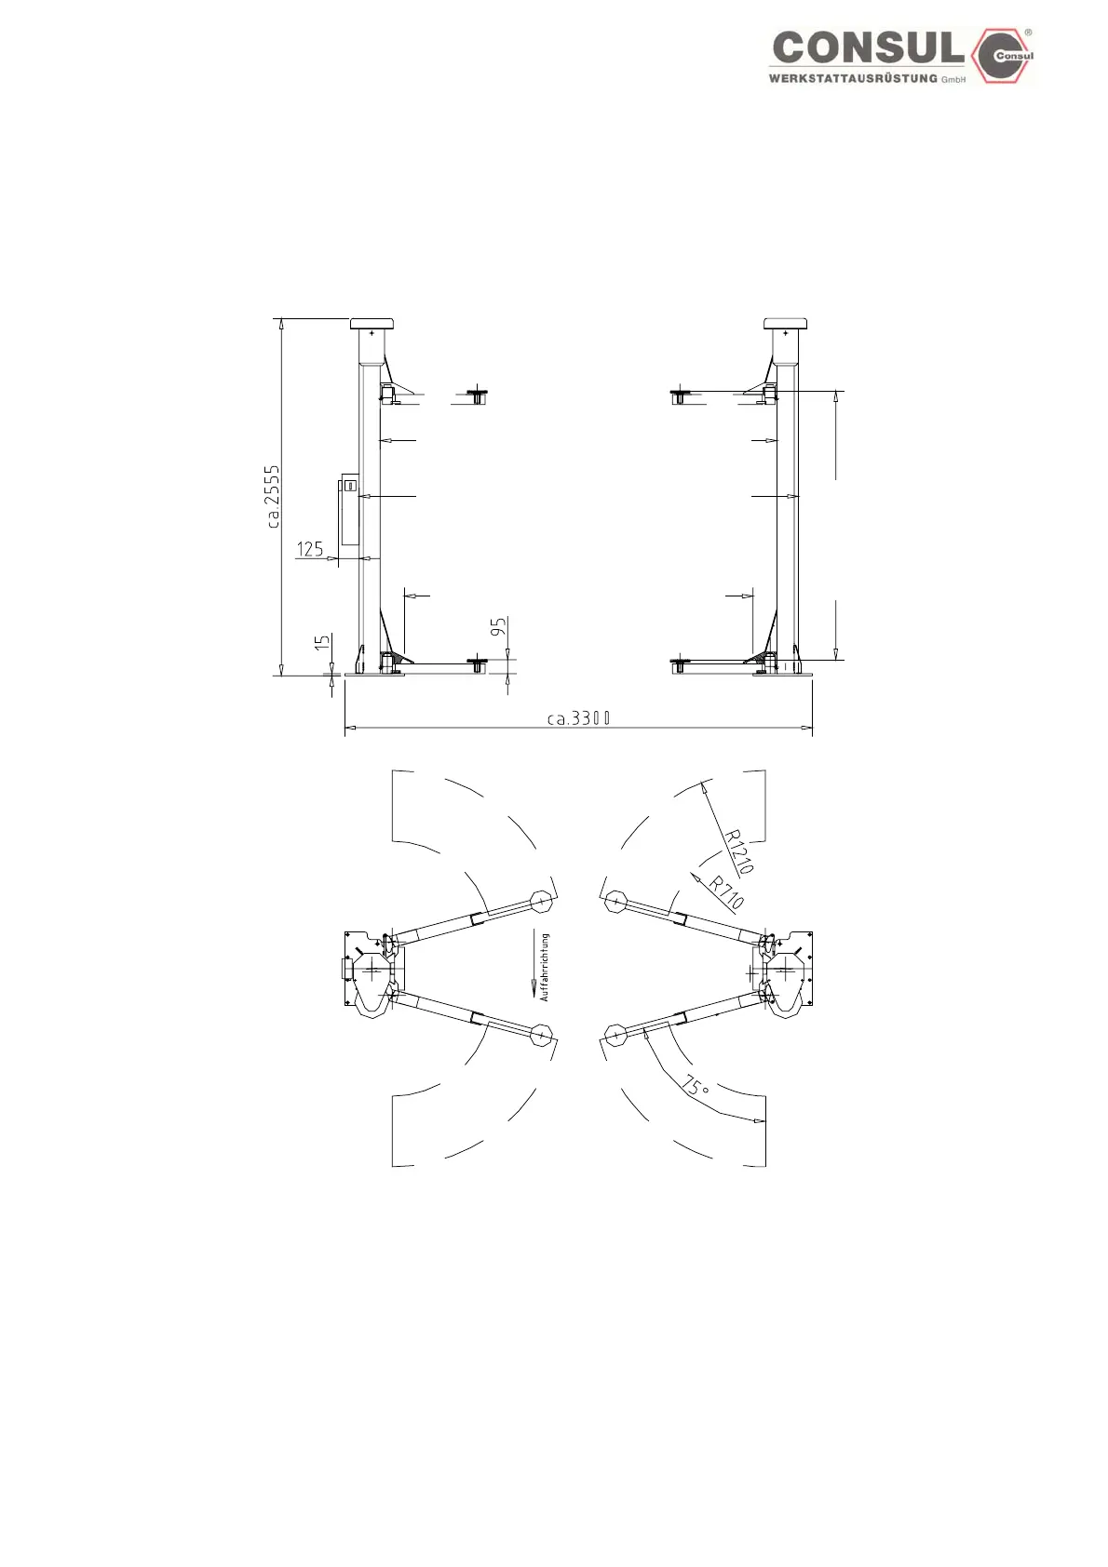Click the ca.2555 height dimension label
(x=274, y=496)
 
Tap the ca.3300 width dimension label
(x=578, y=718)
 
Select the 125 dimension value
(x=310, y=549)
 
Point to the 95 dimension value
(x=498, y=627)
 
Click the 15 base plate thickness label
(x=322, y=643)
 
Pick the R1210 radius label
(x=738, y=851)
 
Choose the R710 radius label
(x=726, y=892)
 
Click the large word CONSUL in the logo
(x=869, y=48)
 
